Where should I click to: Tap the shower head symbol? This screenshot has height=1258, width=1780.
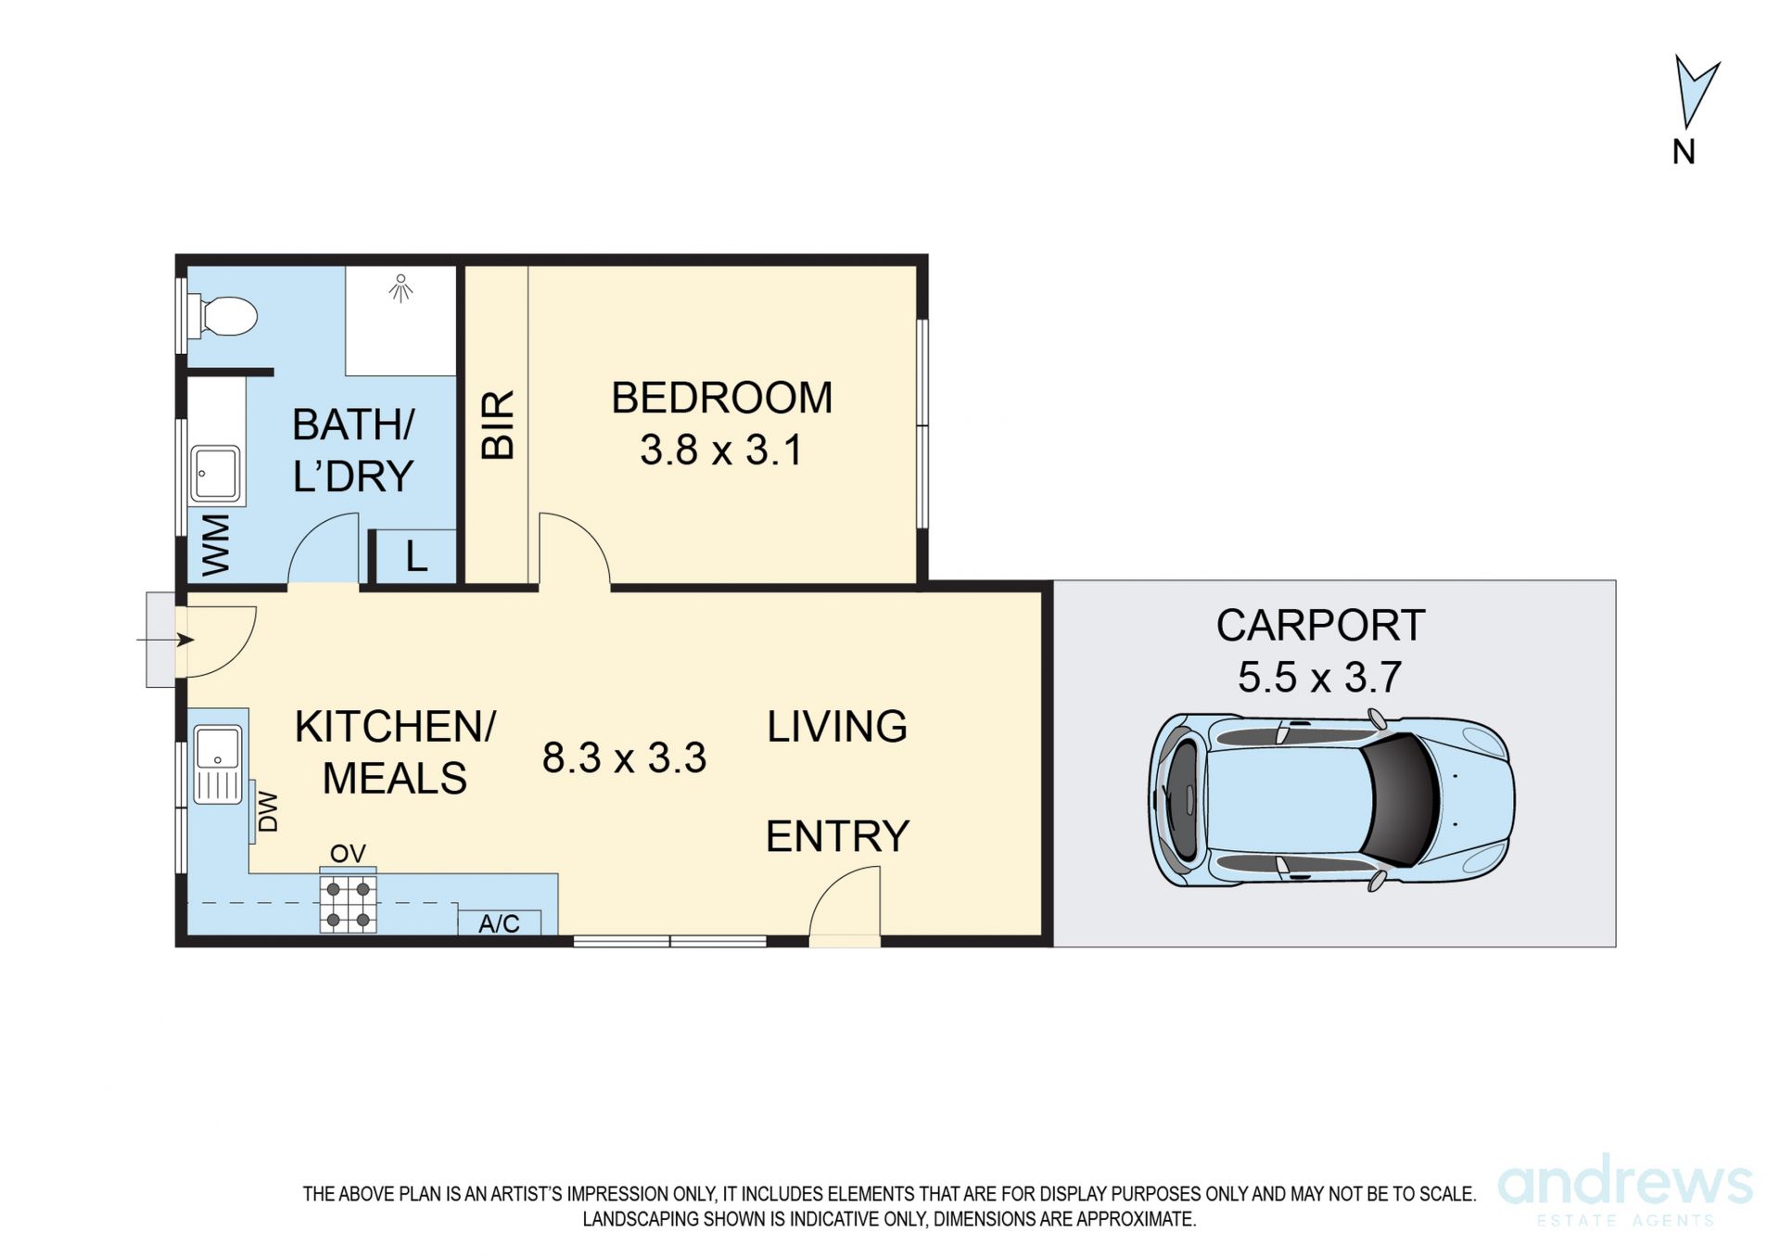coord(400,287)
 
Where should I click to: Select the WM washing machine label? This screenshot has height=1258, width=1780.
coord(215,545)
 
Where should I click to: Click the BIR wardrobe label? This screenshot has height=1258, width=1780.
coord(498,425)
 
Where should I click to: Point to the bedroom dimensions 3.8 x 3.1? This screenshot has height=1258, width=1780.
coord(720,451)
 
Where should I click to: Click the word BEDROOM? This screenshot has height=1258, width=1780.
coord(721,398)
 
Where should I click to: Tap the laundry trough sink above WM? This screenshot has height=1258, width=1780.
coord(216,473)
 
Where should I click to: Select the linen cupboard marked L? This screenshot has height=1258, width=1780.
coord(415,556)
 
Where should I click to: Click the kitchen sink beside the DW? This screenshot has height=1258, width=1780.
coord(218,764)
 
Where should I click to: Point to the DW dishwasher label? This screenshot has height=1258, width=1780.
coord(267,811)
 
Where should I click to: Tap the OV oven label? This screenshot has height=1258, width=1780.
coord(348,853)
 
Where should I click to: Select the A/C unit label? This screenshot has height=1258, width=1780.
coord(499,923)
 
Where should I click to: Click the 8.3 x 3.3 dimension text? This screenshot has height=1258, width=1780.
coord(624,757)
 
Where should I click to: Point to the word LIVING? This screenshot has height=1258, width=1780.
coord(837,726)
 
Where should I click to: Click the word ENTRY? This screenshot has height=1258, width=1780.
coord(837,836)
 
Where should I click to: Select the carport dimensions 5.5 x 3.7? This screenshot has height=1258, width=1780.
coord(1319,677)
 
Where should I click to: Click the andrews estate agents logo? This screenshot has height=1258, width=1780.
coord(1625,1193)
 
